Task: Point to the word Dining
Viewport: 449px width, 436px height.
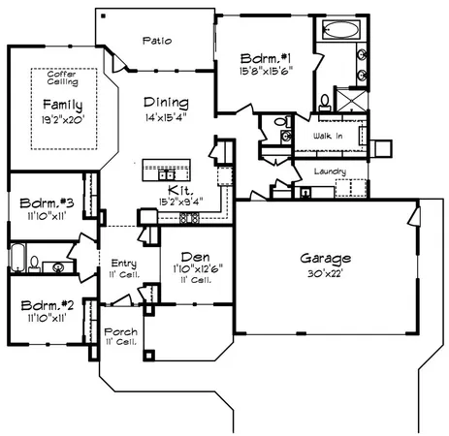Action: click(x=167, y=102)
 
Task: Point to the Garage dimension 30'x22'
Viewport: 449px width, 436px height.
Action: click(x=325, y=273)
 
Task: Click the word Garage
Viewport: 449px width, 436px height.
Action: click(x=325, y=259)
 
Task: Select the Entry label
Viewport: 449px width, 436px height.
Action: click(x=123, y=263)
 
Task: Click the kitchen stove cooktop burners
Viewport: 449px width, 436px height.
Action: click(x=189, y=219)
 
